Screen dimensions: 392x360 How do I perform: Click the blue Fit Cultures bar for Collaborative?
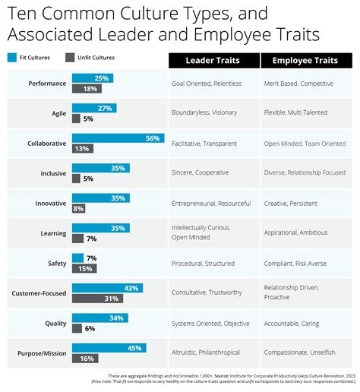pyautogui.click(x=118, y=138)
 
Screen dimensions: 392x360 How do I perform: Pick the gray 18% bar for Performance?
pyautogui.click(x=87, y=88)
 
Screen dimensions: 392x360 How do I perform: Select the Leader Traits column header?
pyautogui.click(x=212, y=60)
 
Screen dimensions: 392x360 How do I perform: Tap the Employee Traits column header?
pyautogui.click(x=305, y=60)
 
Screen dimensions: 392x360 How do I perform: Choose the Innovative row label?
pyautogui.click(x=50, y=203)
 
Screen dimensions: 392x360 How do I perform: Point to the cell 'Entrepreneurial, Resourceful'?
pyautogui.click(x=212, y=203)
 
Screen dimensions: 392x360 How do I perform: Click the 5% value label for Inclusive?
pyautogui.click(x=88, y=179)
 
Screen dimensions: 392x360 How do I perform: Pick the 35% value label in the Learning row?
pyautogui.click(x=117, y=228)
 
